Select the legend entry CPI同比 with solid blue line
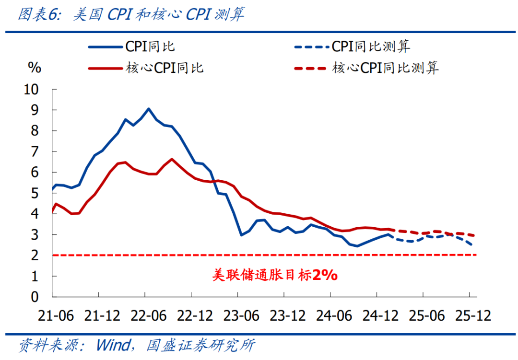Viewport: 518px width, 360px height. click(131, 46)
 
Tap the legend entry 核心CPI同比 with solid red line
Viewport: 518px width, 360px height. click(146, 68)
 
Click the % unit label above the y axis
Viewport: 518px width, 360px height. click(35, 68)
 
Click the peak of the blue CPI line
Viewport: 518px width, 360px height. click(148, 109)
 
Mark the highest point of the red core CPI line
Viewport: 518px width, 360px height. click(172, 159)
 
